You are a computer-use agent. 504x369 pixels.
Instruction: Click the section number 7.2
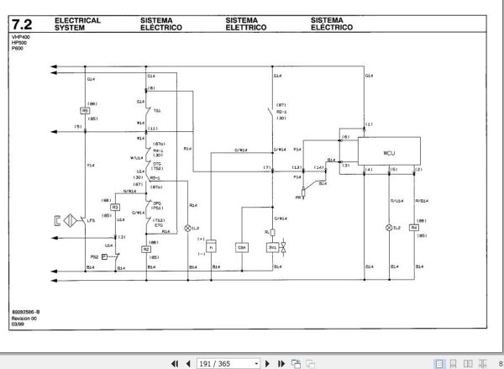click(x=22, y=23)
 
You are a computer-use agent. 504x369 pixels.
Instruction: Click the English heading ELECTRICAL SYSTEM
click(x=77, y=23)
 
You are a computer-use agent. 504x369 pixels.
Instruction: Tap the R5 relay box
click(x=85, y=111)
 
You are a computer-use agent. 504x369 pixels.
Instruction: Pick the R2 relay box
click(x=146, y=250)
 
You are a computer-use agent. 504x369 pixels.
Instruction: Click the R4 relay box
click(x=414, y=228)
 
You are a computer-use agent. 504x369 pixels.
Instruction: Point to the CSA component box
click(x=243, y=248)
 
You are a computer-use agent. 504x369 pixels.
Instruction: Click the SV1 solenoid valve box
click(x=272, y=248)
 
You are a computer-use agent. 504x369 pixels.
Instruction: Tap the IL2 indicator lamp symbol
click(x=387, y=228)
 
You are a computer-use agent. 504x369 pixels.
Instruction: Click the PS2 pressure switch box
click(x=104, y=256)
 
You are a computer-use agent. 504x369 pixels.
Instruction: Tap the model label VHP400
click(x=20, y=38)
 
